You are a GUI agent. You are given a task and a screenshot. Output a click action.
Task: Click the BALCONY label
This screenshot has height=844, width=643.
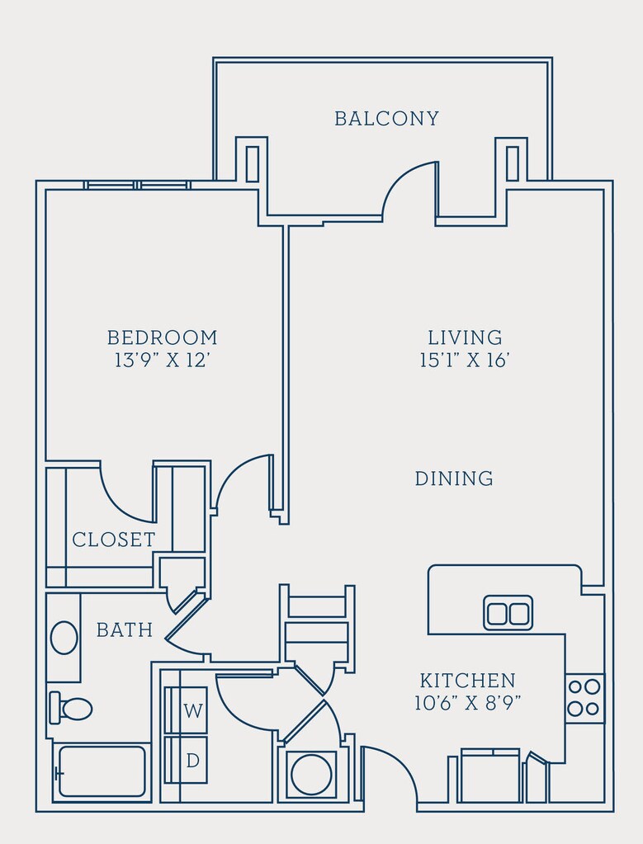(x=386, y=119)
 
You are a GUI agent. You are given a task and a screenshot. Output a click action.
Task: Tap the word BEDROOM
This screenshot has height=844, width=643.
(x=162, y=337)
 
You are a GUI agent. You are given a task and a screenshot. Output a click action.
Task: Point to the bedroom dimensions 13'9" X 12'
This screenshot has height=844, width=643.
(x=161, y=360)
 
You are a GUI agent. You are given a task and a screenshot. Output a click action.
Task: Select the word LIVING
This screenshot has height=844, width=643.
(x=465, y=337)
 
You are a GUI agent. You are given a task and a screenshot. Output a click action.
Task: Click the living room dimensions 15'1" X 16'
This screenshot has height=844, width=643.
(x=464, y=360)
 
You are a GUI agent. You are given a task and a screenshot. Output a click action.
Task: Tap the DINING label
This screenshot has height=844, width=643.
(x=454, y=478)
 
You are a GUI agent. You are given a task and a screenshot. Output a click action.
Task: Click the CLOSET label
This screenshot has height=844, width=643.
(x=114, y=540)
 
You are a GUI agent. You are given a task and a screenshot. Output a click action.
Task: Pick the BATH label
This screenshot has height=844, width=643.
(x=125, y=629)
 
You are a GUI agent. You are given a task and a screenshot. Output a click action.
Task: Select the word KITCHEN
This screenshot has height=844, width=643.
(x=467, y=681)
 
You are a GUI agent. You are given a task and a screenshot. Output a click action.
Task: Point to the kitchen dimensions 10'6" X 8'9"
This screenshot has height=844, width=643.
(x=467, y=702)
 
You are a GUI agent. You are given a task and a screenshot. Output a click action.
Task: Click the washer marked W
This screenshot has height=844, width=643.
(x=186, y=710)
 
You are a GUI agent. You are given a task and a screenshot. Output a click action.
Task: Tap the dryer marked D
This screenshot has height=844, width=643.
(x=186, y=760)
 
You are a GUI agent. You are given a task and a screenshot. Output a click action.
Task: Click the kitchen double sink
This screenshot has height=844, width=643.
(x=508, y=612)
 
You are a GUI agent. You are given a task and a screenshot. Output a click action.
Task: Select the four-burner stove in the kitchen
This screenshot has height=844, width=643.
(x=585, y=698)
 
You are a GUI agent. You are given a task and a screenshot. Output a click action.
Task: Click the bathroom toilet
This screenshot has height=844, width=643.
(x=70, y=708)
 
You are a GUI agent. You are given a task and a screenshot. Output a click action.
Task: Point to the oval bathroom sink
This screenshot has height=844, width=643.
(x=64, y=638)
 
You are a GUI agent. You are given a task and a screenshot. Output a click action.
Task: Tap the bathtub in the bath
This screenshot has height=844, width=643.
(x=102, y=771)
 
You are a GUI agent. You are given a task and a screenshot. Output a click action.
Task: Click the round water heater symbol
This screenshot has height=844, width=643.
(x=311, y=774)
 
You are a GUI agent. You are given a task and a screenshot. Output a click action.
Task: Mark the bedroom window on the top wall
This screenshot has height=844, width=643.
(x=137, y=185)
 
